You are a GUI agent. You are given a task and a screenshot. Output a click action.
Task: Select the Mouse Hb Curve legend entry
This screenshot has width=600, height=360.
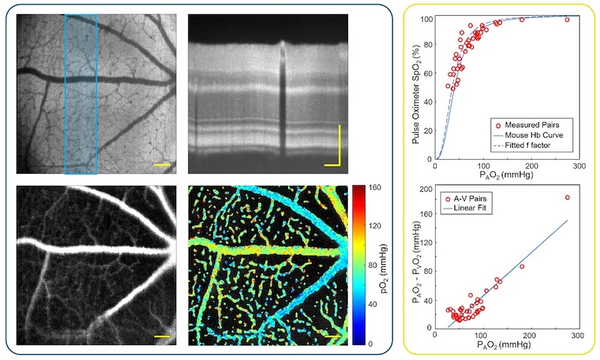coord(528,134)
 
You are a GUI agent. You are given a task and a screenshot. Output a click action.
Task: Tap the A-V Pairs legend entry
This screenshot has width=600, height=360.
coord(477,197)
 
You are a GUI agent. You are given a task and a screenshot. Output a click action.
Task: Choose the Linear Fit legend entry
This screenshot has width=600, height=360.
coord(476,208)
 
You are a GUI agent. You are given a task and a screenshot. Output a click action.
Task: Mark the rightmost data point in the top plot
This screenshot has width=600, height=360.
coord(568,19)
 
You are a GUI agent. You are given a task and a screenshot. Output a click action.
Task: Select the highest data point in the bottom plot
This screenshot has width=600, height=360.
coord(568,197)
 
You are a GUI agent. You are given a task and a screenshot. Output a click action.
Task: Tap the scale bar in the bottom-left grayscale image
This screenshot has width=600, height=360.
coord(163,337)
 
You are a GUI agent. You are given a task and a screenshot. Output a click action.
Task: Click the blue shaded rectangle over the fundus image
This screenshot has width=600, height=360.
coord(81,94)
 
